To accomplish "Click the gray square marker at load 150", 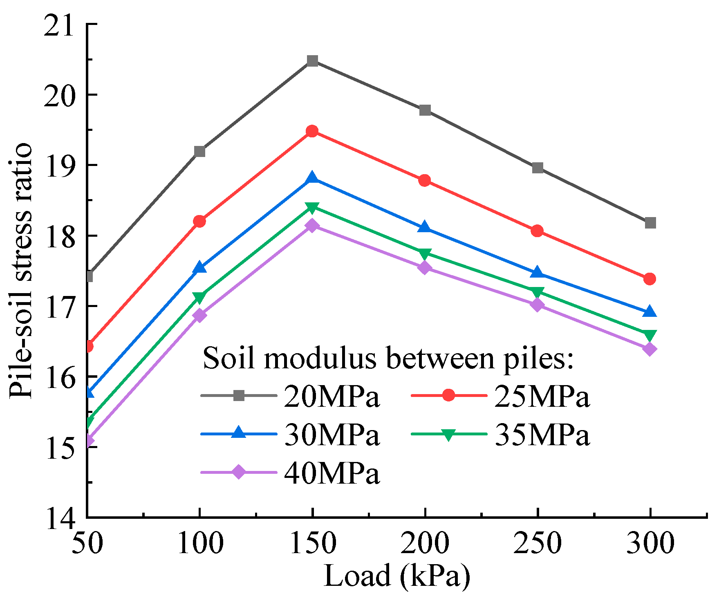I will tap(312, 61).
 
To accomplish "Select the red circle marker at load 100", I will tap(199, 221).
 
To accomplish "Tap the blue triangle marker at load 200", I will tap(425, 227).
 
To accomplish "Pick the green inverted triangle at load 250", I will tap(538, 292).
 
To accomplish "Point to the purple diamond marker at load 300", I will tap(650, 349).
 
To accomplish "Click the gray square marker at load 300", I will tap(650, 223).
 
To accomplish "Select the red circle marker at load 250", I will tap(538, 231).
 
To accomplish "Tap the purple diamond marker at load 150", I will tap(312, 225).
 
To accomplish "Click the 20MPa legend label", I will tap(332, 396).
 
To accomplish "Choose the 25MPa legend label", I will tap(542, 396).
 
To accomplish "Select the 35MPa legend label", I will tap(542, 434).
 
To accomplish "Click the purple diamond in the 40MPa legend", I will tap(239, 472).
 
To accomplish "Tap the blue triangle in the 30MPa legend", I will tap(239, 433).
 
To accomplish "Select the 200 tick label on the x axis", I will tap(425, 544).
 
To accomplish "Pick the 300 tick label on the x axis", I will tap(650, 544).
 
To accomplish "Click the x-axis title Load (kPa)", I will tap(396, 576).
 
